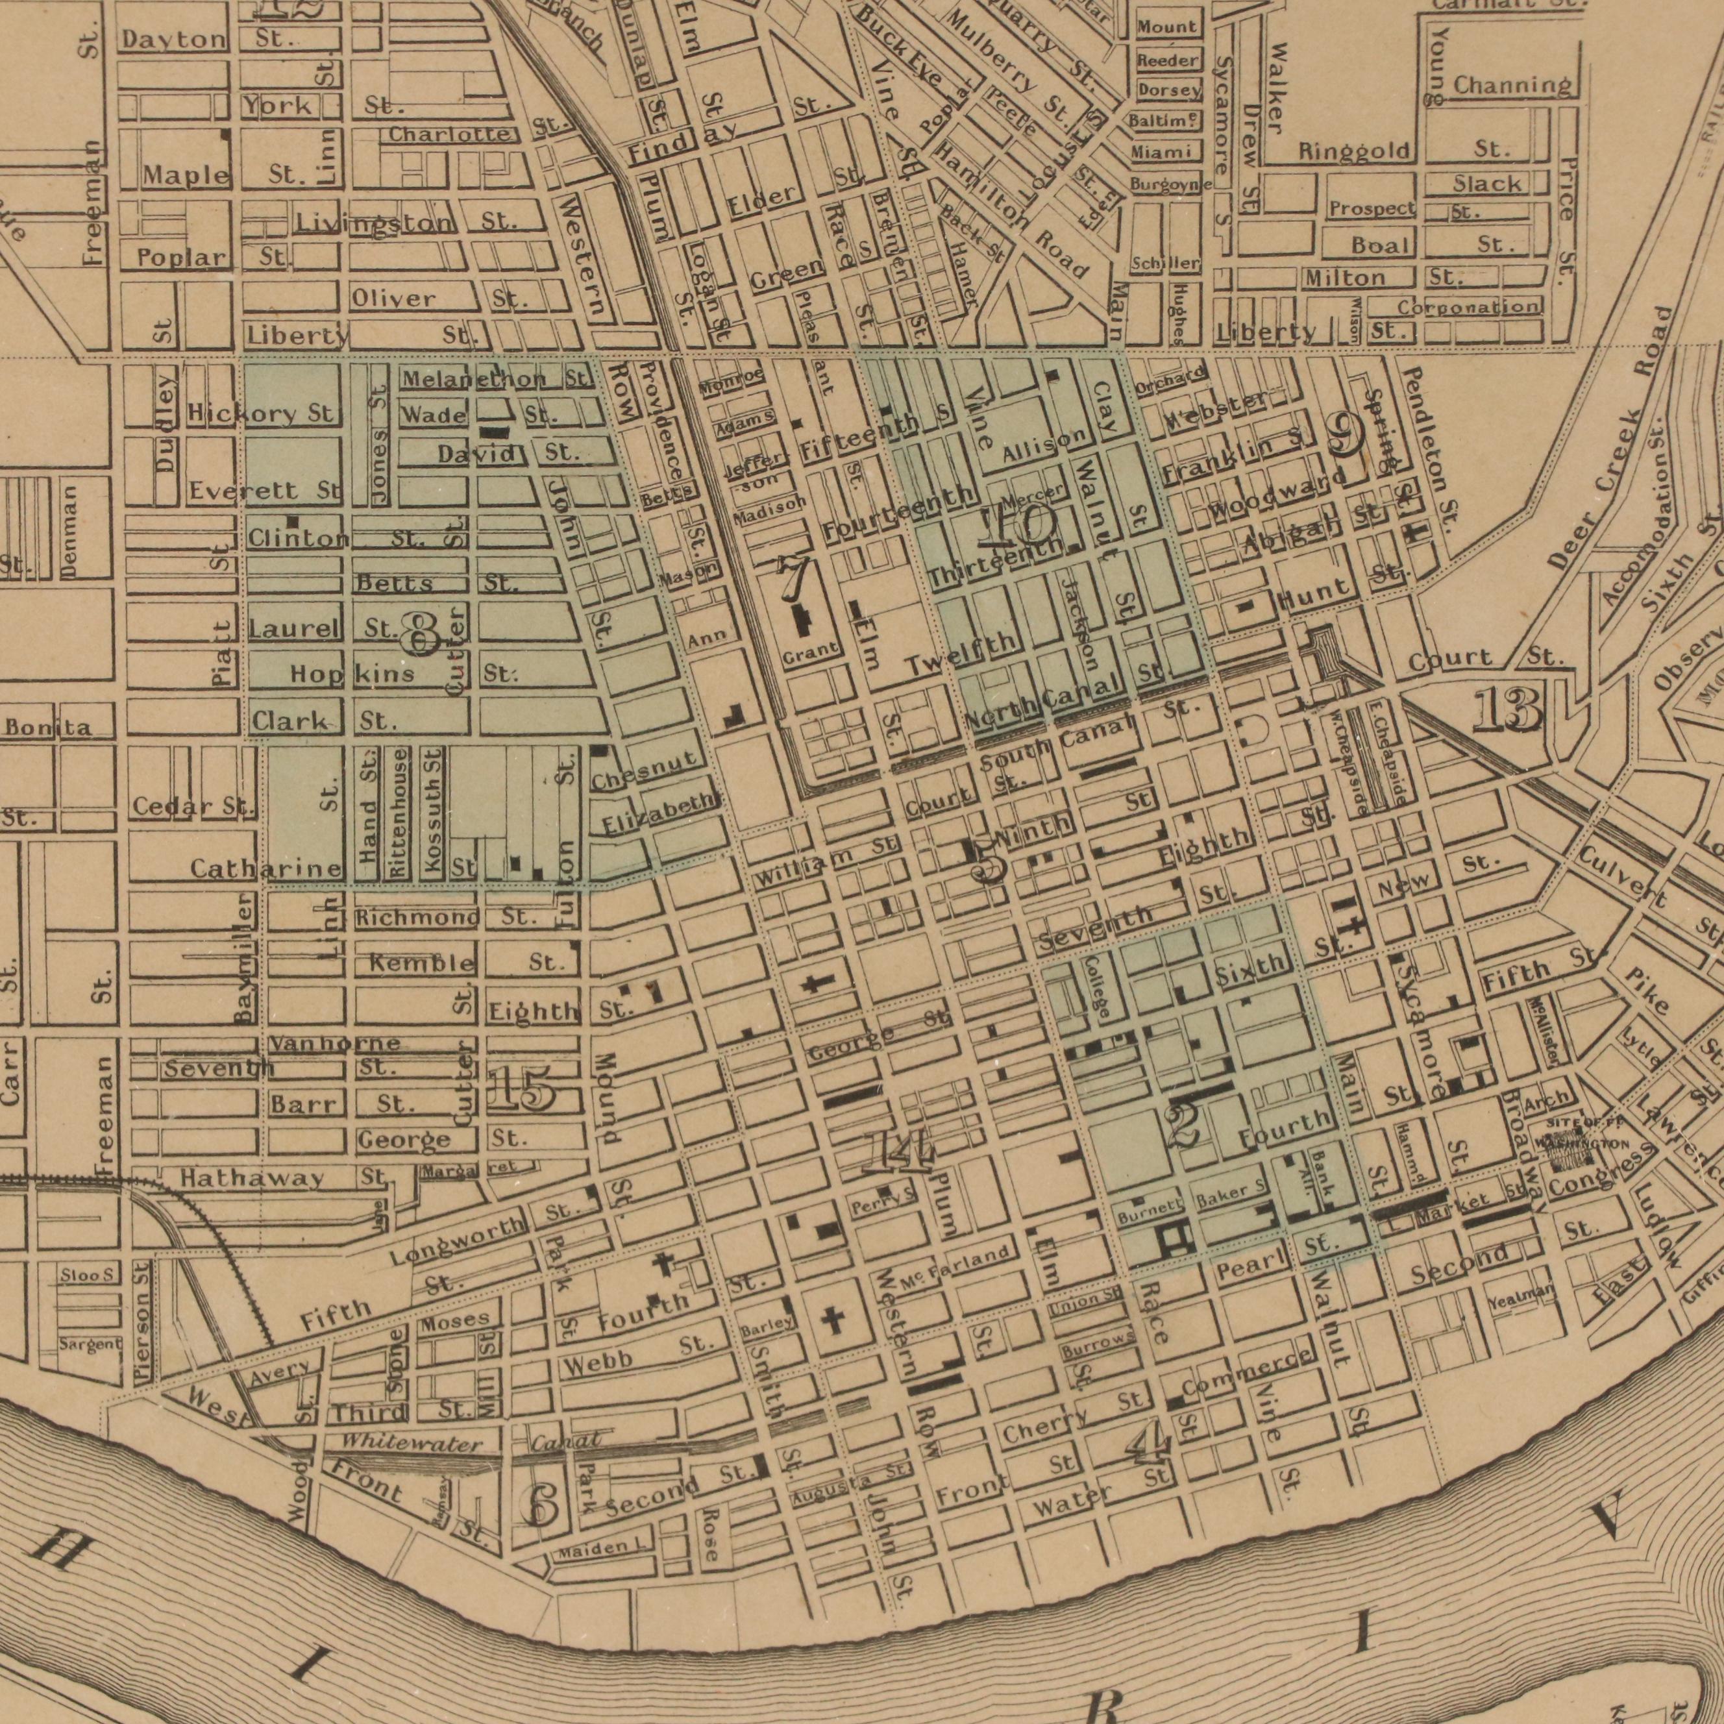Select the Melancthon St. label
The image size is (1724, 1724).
point(495,379)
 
